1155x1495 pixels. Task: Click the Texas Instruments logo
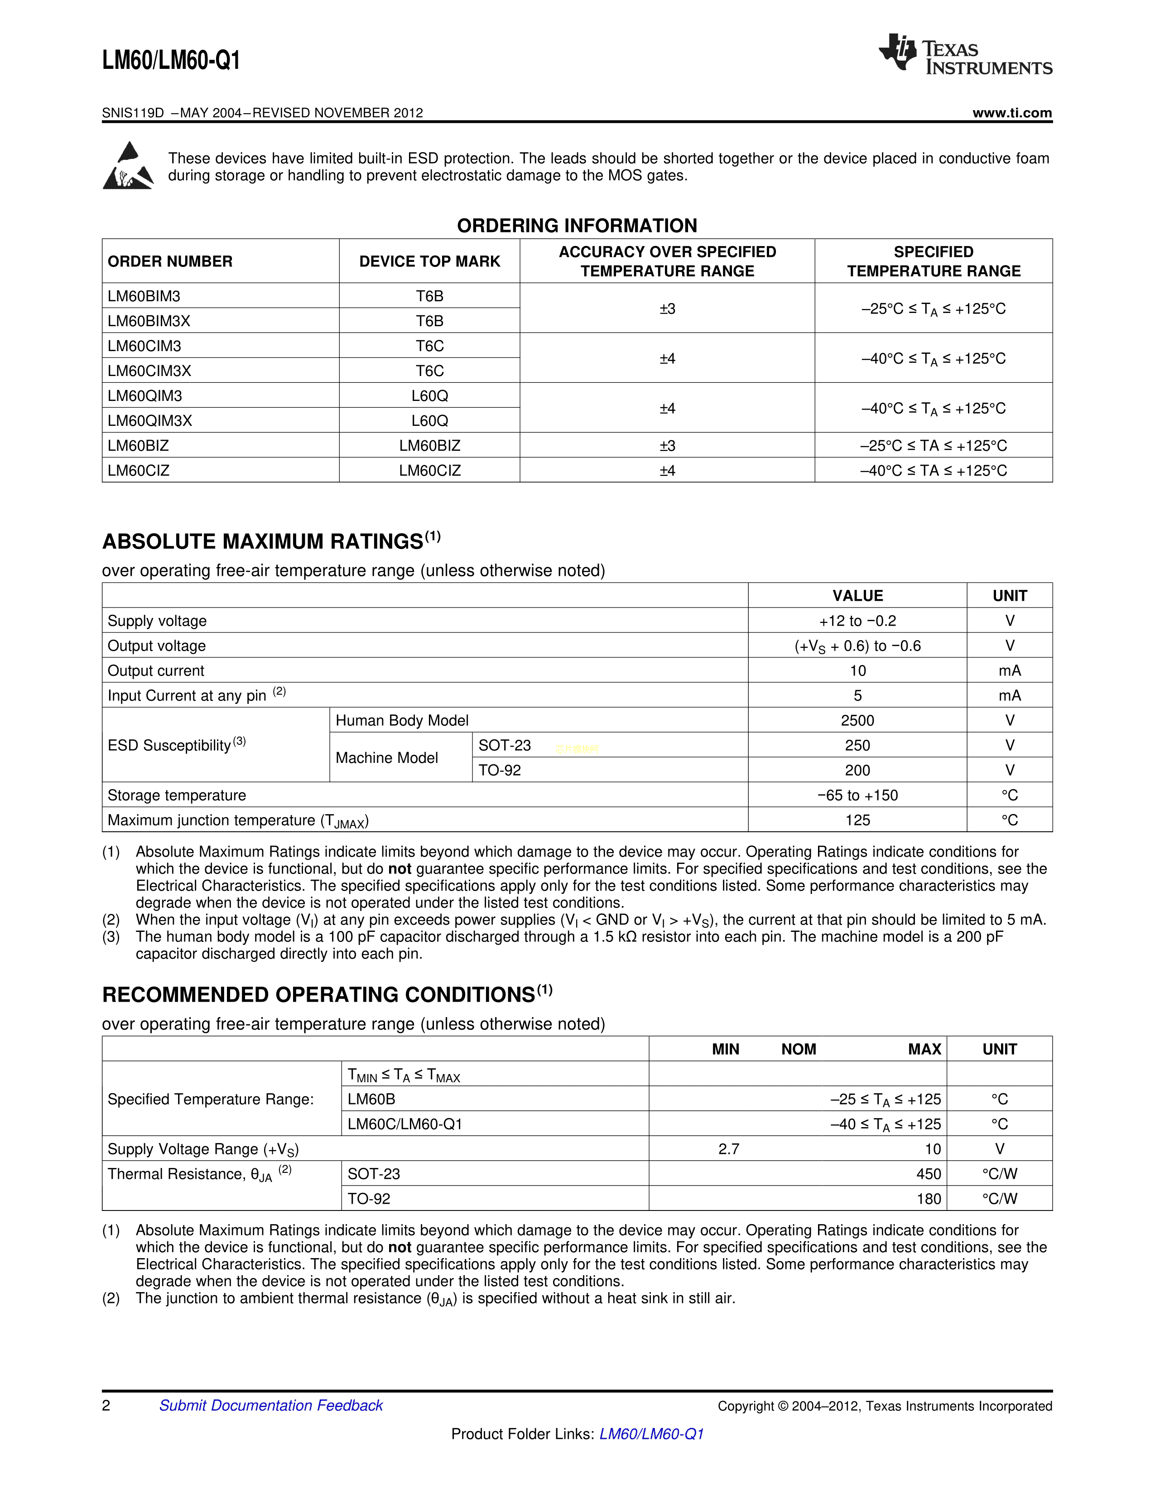[965, 54]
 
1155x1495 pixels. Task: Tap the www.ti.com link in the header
[1012, 113]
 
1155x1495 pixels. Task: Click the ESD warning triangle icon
[128, 166]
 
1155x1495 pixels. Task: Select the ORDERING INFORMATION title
[577, 226]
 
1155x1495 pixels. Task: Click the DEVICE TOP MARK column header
[430, 261]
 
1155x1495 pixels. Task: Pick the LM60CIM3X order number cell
[149, 371]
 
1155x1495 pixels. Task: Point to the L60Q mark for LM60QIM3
[430, 395]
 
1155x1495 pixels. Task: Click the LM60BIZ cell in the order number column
[138, 446]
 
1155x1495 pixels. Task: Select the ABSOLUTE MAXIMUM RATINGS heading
[263, 541]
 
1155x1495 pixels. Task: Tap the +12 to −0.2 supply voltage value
[857, 621]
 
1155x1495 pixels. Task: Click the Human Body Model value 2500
[857, 721]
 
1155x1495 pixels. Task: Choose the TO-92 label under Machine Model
[500, 771]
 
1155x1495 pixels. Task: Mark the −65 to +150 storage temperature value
[857, 796]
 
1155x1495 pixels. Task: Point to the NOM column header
[799, 1049]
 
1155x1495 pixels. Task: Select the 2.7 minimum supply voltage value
[729, 1149]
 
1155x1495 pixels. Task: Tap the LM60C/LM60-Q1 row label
[405, 1124]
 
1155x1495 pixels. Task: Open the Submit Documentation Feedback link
[271, 1406]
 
